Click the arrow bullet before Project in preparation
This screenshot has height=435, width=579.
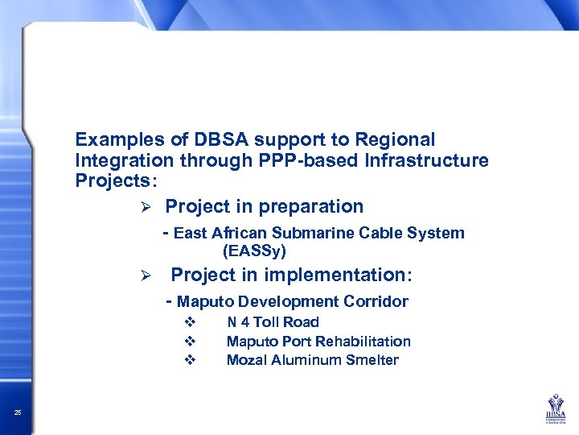(x=145, y=207)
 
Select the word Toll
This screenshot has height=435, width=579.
(x=265, y=322)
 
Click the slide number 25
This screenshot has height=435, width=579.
(x=18, y=413)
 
